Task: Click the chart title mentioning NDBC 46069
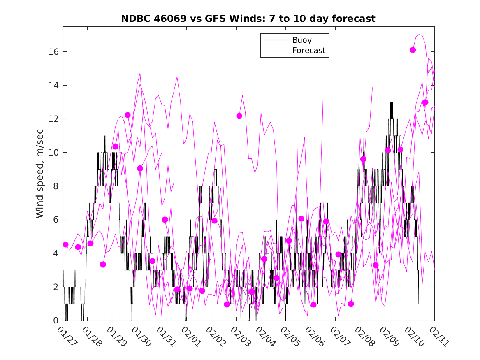[x=248, y=19]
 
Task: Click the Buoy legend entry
[x=301, y=40]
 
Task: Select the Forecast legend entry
[x=308, y=51]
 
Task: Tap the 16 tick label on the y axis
[x=55, y=52]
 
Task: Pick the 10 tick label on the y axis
[x=55, y=153]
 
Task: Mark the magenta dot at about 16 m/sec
[x=413, y=50]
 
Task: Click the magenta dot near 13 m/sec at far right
[x=425, y=102]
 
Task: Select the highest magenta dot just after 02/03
[x=239, y=116]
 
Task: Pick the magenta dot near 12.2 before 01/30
[x=128, y=115]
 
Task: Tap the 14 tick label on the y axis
[x=55, y=86]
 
